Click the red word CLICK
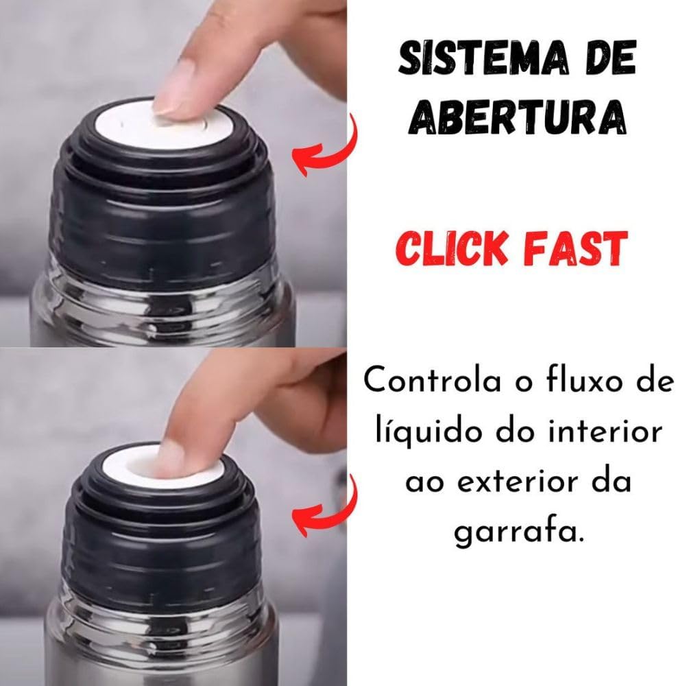452,248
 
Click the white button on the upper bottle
163,124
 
